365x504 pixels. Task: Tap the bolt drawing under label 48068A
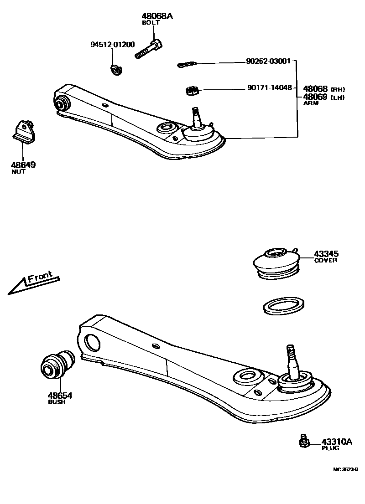[x=148, y=49]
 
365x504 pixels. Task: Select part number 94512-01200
[x=112, y=44]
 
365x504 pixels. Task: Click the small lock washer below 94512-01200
[x=117, y=70]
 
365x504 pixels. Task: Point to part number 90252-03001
[x=267, y=61]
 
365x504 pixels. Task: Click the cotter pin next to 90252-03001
[x=188, y=65]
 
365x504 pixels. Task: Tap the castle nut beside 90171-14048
[x=193, y=91]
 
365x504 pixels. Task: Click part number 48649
[x=24, y=165]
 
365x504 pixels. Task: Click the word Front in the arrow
[x=40, y=277]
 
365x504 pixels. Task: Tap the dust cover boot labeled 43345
[x=276, y=262]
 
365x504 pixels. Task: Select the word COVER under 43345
[x=326, y=261]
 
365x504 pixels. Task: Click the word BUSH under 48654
[x=57, y=403]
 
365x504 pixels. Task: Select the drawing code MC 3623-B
[x=345, y=469]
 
